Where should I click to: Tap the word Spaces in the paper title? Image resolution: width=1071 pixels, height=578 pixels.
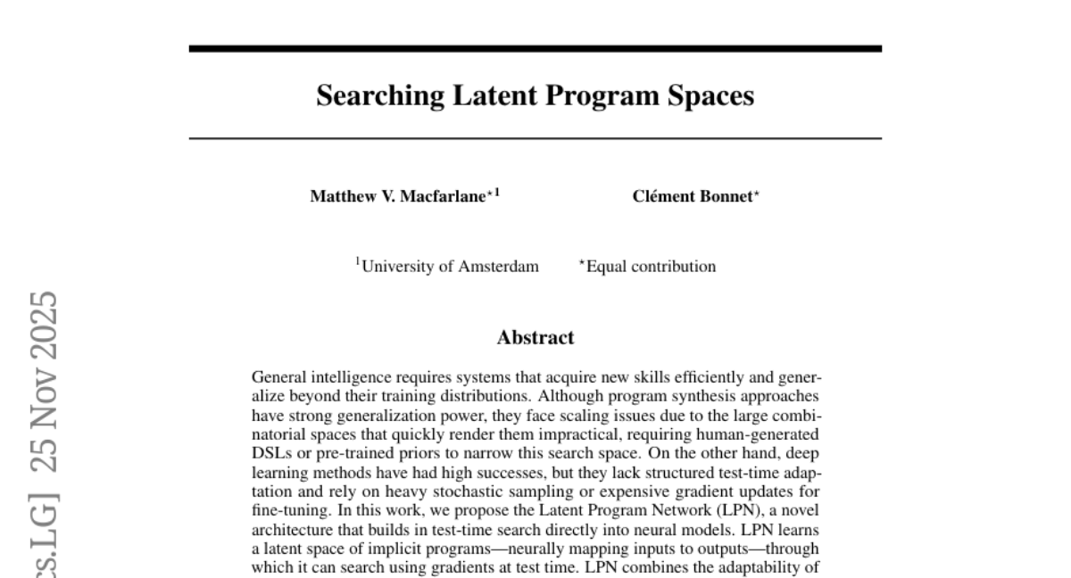[711, 95]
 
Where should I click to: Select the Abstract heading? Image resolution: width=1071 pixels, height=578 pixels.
[535, 338]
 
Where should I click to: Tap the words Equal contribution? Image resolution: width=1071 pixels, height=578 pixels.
[651, 267]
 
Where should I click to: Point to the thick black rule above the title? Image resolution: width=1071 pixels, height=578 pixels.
[535, 48]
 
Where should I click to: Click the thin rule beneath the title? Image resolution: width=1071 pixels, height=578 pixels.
[535, 139]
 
